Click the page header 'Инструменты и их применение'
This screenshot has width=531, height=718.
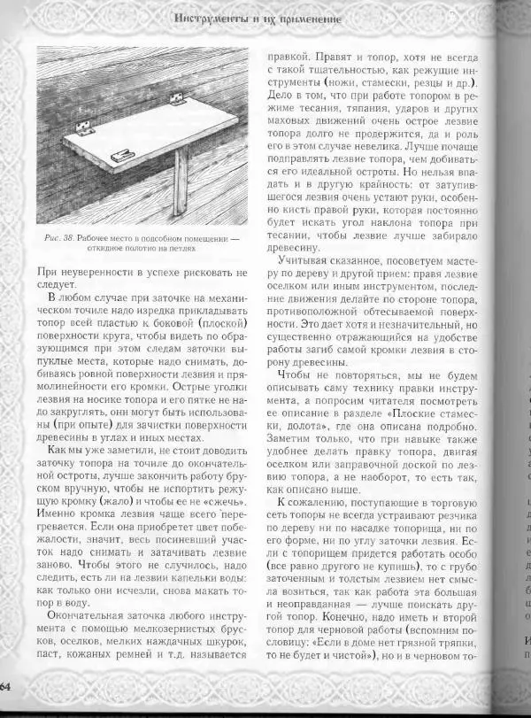click(x=258, y=19)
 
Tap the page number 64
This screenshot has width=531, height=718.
click(x=5, y=687)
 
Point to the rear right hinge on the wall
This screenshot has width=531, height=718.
click(x=178, y=98)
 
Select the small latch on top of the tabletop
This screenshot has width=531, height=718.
click(x=123, y=154)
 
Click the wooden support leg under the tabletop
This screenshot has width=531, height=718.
click(x=181, y=181)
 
